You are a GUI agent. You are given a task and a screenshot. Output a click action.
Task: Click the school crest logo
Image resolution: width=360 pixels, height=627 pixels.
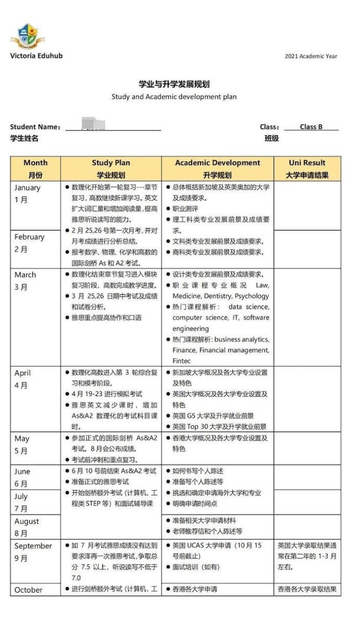pos(26,36)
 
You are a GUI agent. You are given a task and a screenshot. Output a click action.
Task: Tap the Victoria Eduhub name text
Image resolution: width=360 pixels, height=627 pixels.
pos(36,55)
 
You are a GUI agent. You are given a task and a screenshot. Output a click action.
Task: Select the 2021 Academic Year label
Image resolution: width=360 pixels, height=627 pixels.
pos(311,56)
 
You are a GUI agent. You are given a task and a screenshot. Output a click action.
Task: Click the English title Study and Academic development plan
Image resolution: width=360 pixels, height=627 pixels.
pos(174,97)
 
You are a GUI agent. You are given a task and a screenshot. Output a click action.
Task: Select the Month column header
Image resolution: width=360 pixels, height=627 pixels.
pos(36,169)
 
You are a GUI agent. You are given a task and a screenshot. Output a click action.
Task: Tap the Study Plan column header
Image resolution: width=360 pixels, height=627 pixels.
pos(111,169)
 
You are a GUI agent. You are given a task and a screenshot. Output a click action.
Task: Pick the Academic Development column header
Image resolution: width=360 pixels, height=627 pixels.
pos(217,169)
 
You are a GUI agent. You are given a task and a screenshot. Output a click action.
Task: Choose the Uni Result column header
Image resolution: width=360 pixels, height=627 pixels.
pos(307,169)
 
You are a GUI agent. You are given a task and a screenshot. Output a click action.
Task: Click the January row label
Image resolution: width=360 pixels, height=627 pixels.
pos(27,194)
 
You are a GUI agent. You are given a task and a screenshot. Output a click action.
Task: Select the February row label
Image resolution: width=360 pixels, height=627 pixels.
pos(29,243)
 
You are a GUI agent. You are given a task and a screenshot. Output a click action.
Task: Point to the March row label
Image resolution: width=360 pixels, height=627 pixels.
pos(25,281)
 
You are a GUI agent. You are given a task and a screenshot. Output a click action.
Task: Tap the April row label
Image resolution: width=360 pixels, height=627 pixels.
pos(22,379)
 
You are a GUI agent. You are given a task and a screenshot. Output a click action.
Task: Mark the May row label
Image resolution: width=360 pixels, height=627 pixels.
pos(22,445)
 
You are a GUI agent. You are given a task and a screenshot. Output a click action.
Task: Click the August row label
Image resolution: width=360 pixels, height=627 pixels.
pos(27,527)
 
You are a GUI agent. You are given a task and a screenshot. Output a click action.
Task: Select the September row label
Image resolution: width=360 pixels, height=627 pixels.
pos(33,552)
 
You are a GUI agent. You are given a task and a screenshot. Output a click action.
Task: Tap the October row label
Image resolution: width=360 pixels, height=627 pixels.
pos(28,590)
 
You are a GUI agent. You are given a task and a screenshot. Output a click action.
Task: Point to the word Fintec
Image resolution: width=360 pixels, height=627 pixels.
pos(182,361)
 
